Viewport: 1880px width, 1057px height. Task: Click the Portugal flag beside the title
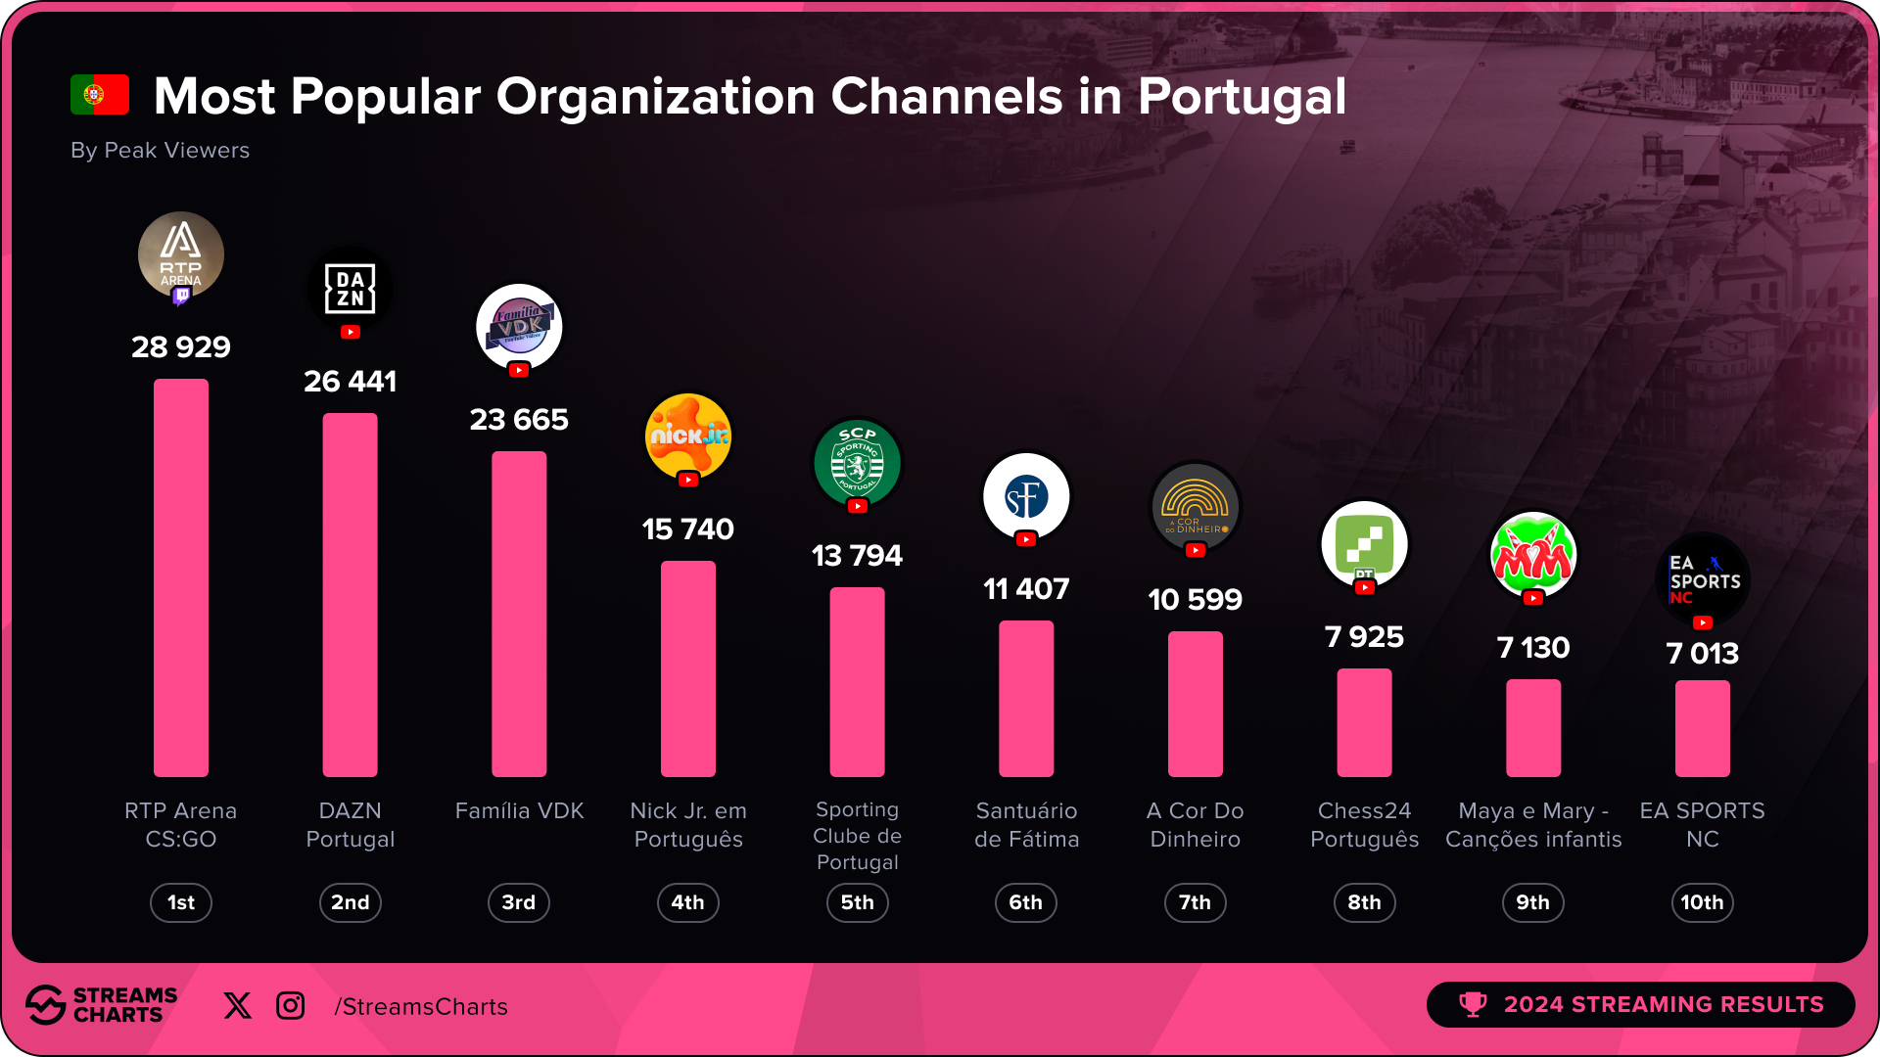point(100,95)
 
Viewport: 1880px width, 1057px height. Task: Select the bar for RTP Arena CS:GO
point(181,577)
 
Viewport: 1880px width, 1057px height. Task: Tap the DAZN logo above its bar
point(351,289)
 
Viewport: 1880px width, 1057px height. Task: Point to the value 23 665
point(519,420)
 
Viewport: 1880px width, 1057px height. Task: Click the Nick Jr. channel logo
point(688,437)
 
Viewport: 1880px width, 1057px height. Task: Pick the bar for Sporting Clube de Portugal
point(857,682)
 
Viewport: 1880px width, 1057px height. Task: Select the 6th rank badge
point(1025,902)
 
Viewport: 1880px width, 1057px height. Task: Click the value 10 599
point(1195,600)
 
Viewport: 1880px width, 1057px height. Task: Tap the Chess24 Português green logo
point(1364,544)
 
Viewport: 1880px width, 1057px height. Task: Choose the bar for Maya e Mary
point(1533,728)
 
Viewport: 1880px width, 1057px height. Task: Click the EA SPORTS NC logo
point(1703,579)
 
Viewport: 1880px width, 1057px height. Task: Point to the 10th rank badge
point(1702,902)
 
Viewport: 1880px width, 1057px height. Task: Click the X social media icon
point(237,1006)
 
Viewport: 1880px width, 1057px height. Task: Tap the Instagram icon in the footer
point(291,1006)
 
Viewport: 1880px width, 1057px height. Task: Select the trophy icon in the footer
point(1473,1005)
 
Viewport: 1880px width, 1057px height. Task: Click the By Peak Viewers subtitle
point(160,151)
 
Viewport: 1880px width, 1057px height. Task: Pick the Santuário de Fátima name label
point(1026,825)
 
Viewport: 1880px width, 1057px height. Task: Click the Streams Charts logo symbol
point(45,1005)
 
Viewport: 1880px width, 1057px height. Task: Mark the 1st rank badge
point(181,902)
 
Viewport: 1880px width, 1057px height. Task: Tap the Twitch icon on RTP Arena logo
point(181,296)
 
